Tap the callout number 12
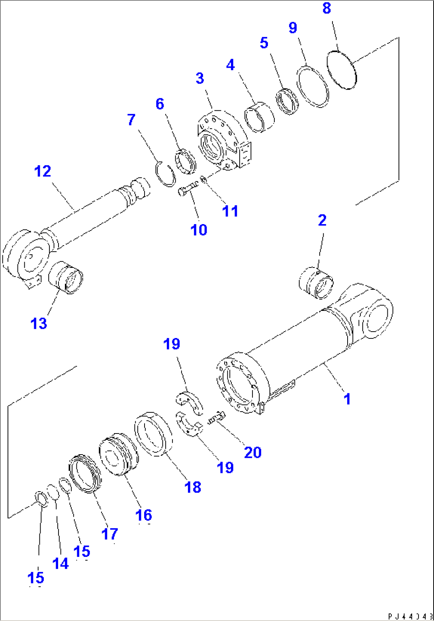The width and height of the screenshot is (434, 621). pos(43,172)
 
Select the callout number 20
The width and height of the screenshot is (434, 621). pos(252,452)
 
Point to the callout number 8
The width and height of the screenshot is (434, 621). pos(326,8)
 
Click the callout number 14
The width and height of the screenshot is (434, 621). pos(61,563)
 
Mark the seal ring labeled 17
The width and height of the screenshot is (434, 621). pos(85,474)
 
